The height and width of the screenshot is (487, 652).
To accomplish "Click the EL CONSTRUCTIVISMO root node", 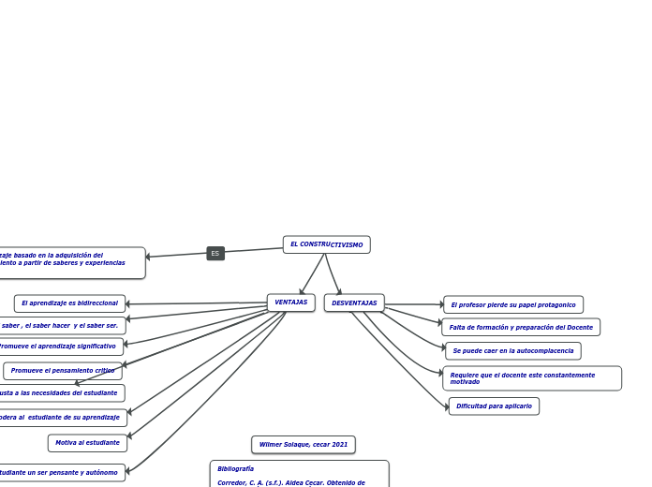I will point(326,244).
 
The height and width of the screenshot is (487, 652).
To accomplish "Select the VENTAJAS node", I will point(290,303).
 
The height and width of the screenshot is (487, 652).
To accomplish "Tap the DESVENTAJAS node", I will point(354,303).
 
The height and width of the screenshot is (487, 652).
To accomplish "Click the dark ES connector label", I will point(215,253).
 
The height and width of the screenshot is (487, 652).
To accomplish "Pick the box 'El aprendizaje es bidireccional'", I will point(69,303).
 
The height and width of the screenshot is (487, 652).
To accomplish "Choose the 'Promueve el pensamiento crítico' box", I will point(63,371).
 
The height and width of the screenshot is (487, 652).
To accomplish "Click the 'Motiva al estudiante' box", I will point(87,443).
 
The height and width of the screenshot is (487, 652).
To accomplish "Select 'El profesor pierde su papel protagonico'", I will point(513,304).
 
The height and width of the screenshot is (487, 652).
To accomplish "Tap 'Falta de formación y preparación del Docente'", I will point(521,327).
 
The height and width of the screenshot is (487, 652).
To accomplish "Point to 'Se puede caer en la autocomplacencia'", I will point(513,351).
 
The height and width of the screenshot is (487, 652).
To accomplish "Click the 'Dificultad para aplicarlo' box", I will point(494,406).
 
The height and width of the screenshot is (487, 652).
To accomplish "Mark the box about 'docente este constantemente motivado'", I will point(531,378).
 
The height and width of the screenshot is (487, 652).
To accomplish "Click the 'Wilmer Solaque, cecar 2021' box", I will point(303,444).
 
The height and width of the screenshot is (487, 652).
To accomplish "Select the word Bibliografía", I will point(236,468).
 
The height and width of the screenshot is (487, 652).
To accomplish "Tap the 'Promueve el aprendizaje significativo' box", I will point(58,347).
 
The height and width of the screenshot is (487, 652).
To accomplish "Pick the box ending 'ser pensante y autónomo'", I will point(58,473).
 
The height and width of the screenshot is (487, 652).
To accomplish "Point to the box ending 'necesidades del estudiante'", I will point(58,393).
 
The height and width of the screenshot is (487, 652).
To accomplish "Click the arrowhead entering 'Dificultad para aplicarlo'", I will point(446,406).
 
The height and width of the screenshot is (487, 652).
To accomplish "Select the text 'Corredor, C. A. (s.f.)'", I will point(248,482).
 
